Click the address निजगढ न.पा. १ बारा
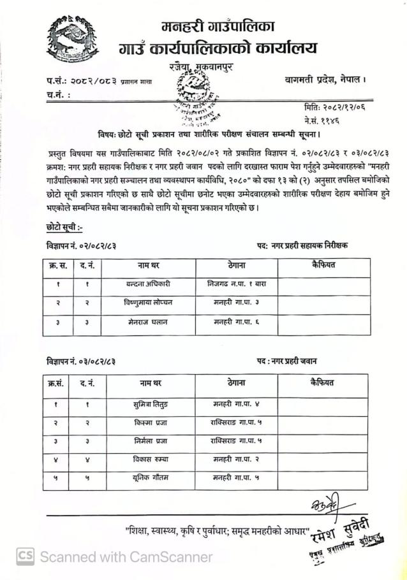pyautogui.click(x=236, y=282)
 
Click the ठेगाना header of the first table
pyautogui.click(x=236, y=265)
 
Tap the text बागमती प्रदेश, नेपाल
pyautogui.click(x=325, y=80)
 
